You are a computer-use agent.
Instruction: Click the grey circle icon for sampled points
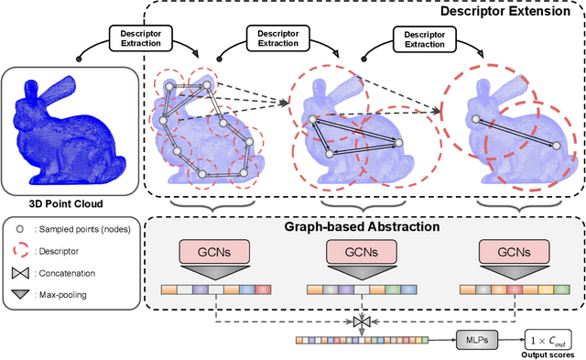(x=20, y=225)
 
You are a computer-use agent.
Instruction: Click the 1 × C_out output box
(x=546, y=338)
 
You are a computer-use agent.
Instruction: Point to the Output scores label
(x=547, y=354)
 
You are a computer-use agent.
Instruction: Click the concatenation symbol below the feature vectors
(x=359, y=321)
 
